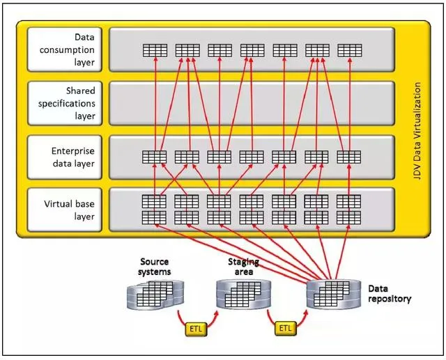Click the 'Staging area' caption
pos(244,266)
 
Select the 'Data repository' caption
pos(388,293)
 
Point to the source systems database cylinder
pos(151,295)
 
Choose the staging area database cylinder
pos(241,295)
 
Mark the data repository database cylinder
pos(332,295)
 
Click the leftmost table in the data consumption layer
pos(154,50)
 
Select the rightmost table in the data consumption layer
pos(348,50)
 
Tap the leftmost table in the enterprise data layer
pos(154,157)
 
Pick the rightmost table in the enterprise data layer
pos(348,157)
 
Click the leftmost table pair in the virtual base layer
pos(154,209)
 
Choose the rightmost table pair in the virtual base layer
pos(348,209)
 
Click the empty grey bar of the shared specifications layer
pos(251,103)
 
